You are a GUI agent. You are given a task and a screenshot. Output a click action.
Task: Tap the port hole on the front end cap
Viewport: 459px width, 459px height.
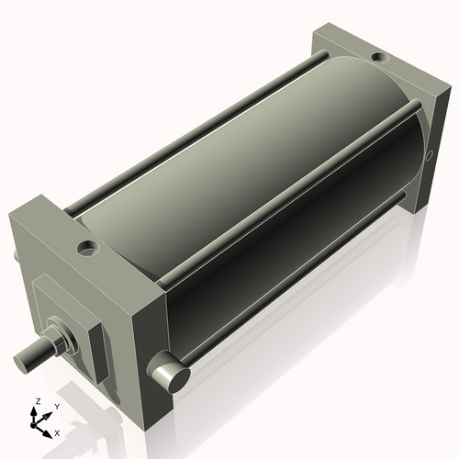point(87,247)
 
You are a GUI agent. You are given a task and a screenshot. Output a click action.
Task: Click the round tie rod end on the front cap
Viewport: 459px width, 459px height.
point(170,375)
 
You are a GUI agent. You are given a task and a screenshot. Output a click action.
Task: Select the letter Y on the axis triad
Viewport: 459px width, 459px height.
point(56,406)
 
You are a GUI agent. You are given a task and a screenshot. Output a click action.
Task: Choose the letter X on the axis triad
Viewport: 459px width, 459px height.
point(57,431)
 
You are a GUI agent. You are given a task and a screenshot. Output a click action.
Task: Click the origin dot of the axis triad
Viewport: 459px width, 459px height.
point(38,423)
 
